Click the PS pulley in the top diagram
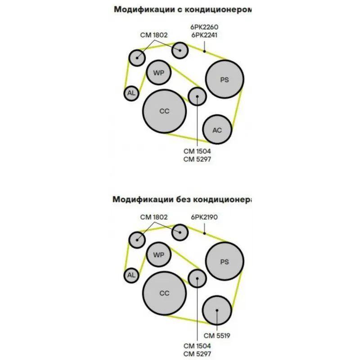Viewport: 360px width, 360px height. pos(225,80)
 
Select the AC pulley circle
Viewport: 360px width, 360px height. pos(217,130)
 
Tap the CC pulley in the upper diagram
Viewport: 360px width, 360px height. pos(164,111)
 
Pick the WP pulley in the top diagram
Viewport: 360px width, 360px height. pos(159,72)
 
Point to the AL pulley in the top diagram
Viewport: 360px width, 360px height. pos(131,93)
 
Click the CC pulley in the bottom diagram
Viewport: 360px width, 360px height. pos(164,293)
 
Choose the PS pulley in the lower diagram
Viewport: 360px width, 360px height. pos(225,261)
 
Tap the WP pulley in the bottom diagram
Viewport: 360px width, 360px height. pos(159,255)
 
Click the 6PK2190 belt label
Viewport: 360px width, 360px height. pos(204,217)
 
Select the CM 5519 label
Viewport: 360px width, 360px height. pos(217,335)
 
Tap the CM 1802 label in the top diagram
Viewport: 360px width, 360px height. pos(153,34)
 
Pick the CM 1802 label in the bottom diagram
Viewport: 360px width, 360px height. pos(153,217)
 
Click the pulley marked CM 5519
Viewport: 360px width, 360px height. pos(217,310)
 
